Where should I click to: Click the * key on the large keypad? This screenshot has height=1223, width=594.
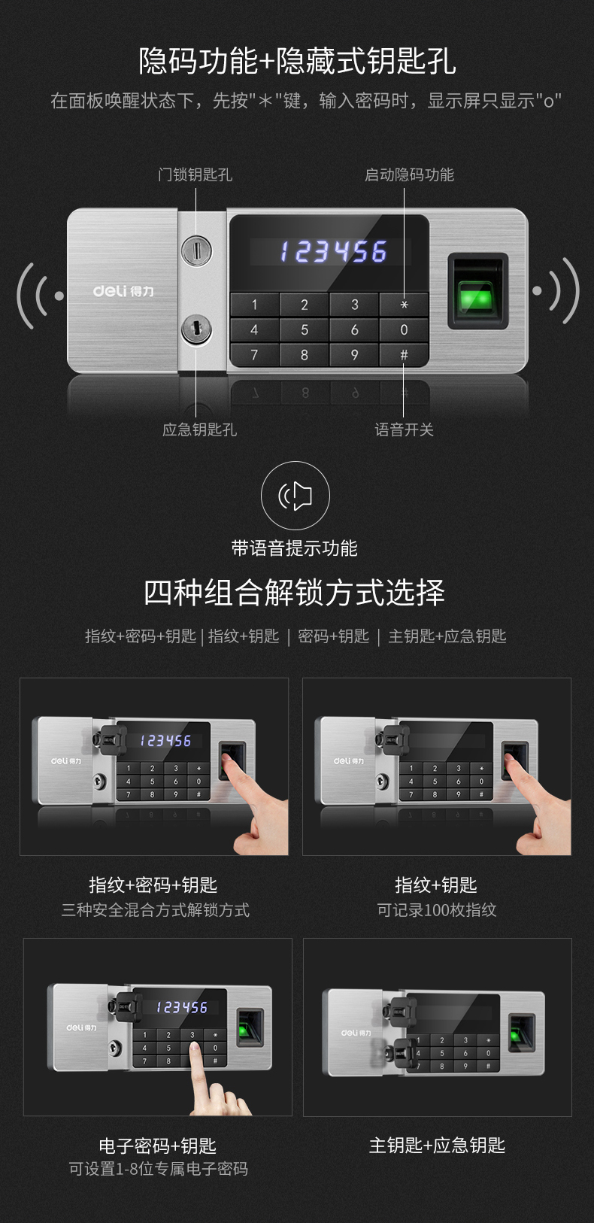pos(404,304)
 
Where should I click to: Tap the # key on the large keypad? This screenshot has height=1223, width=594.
pos(404,355)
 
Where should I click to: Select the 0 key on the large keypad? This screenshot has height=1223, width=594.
pos(404,329)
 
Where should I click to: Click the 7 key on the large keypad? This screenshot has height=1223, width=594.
pos(254,355)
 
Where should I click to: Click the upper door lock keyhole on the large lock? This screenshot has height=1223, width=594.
pos(196,250)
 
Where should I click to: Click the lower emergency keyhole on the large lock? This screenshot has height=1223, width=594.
pos(196,329)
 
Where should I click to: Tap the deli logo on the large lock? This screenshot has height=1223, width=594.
pos(123,290)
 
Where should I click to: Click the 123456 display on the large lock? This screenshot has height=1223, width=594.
pos(334,252)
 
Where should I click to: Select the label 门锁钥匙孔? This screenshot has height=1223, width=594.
pos(195,174)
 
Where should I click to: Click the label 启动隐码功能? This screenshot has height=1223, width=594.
pos(410,174)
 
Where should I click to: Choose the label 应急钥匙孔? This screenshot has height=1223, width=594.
pos(199,429)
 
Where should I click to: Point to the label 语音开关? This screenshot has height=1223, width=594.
pos(404,429)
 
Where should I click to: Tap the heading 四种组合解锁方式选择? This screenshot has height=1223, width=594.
pos(294,593)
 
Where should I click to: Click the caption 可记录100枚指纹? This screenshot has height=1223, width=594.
pos(437,910)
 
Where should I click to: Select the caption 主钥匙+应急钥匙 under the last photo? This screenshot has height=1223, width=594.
pos(437,1145)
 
